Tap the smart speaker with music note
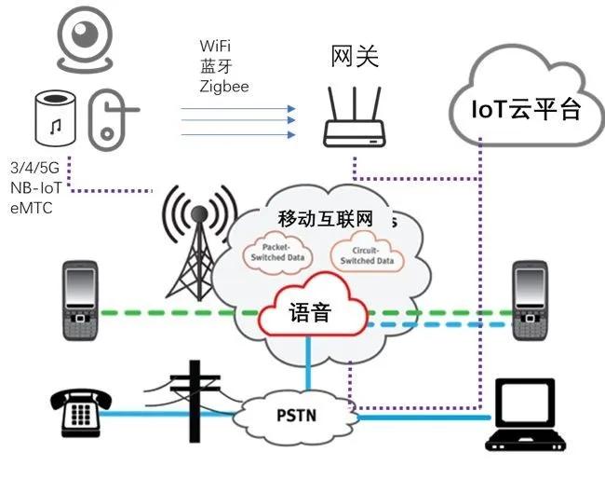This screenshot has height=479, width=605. [x=55, y=120]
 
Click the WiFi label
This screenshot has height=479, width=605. [x=216, y=46]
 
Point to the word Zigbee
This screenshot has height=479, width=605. [x=224, y=86]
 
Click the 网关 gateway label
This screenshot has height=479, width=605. [x=355, y=57]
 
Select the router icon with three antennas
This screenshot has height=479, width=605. [x=355, y=120]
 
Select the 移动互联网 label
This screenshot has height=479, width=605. [x=326, y=220]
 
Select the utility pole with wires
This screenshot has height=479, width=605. [x=193, y=401]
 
